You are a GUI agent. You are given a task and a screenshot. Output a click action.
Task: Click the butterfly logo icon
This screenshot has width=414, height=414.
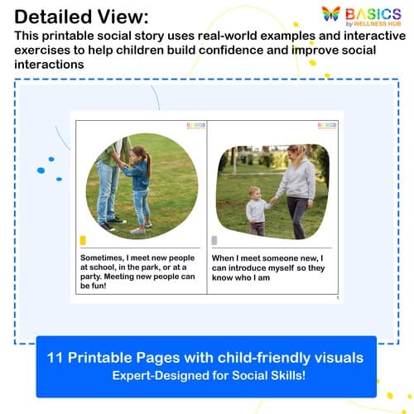click(x=331, y=15)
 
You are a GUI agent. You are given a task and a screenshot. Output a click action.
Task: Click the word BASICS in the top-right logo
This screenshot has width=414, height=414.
click(x=373, y=13)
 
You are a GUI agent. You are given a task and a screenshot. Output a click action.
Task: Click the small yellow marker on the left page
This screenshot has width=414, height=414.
click(x=83, y=240)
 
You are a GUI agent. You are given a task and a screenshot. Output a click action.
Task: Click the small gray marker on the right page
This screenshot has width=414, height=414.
click(x=215, y=240)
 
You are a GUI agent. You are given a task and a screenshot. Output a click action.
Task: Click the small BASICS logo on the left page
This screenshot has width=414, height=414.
click(x=195, y=126)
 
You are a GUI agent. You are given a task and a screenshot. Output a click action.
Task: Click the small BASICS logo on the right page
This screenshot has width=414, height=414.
click(x=326, y=126)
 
